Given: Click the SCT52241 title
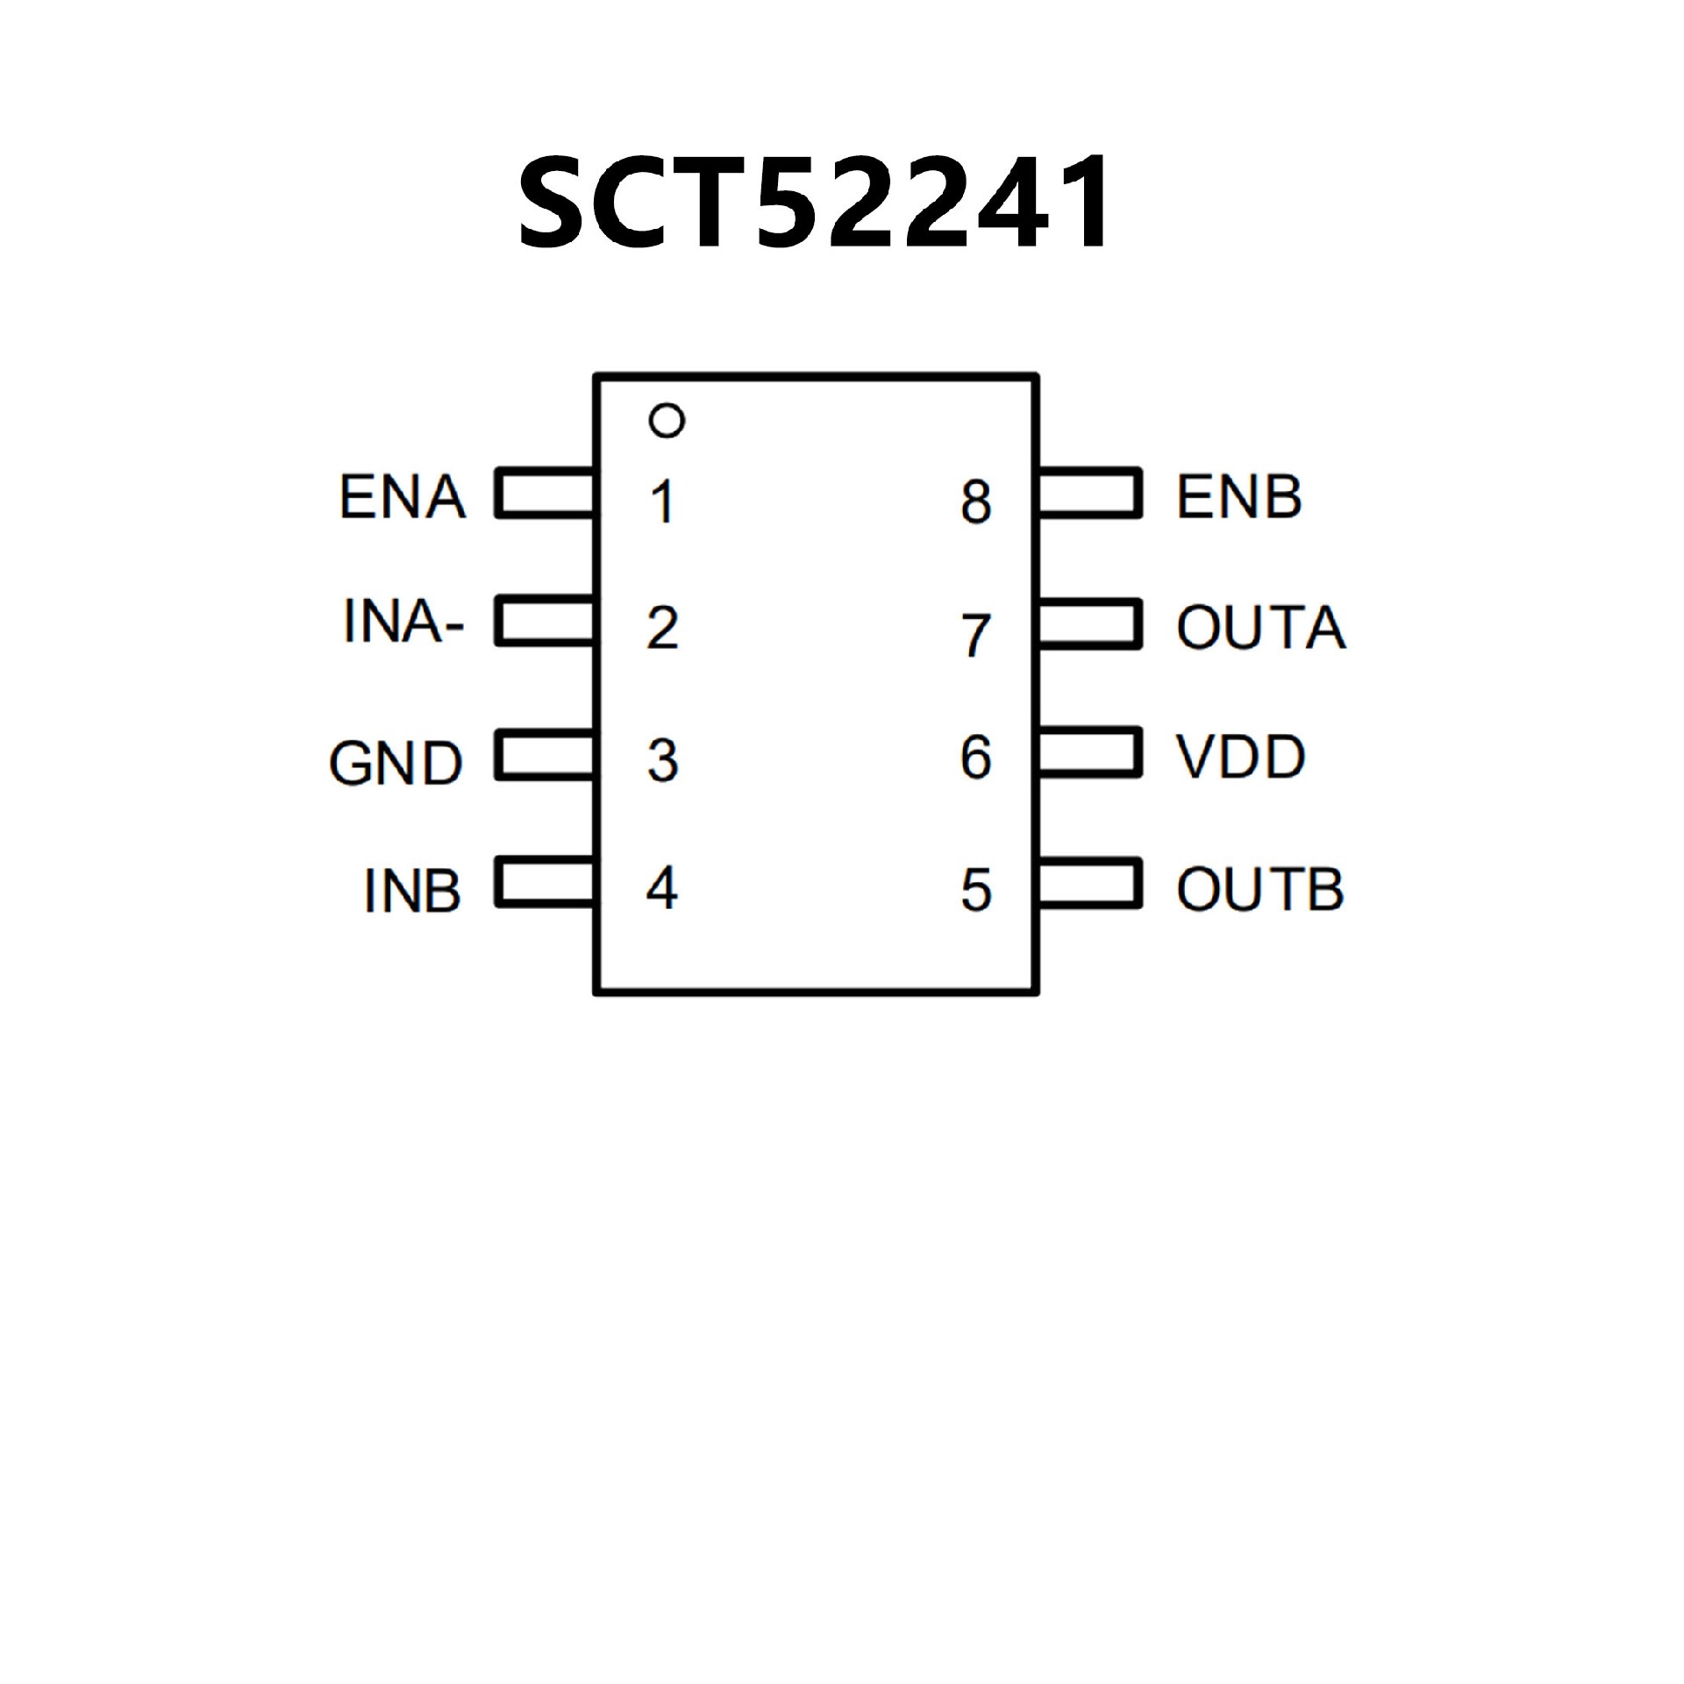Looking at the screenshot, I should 816,203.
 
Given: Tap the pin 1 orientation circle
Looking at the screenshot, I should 667,420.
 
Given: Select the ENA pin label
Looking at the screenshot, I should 403,497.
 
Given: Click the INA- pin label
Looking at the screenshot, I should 403,623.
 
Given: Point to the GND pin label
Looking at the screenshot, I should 396,762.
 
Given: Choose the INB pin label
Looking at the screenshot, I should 412,891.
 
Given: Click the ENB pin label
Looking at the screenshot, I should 1238,497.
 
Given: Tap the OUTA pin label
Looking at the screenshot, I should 1260,628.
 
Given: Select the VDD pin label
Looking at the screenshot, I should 1240,757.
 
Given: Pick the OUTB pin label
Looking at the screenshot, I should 1259,889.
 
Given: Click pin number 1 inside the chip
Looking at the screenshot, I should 663,502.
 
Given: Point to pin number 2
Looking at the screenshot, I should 662,629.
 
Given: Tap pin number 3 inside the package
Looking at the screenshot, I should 662,760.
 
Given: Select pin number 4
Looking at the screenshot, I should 662,888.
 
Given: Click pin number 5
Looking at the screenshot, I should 975,890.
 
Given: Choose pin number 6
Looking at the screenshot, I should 975,757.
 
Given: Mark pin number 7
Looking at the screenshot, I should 975,635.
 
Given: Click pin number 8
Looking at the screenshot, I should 975,502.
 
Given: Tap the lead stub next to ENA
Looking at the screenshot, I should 545,493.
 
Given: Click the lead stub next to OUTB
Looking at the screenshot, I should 1089,883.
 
